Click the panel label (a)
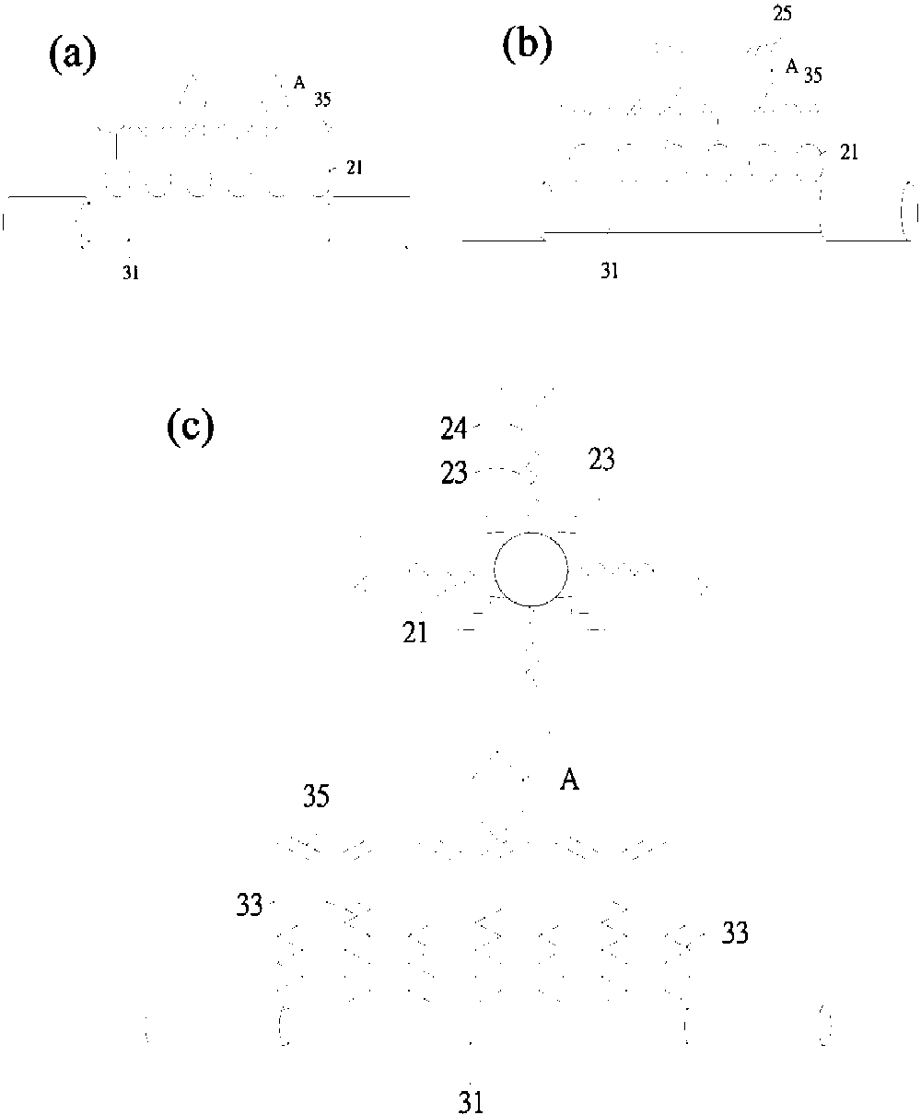pos(73,56)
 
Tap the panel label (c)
pos(191,428)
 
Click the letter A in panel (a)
pos(299,83)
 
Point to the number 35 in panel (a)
pos(322,100)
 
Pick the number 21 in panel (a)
pos(355,169)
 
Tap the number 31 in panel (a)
pos(131,273)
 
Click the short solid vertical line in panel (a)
pos(116,147)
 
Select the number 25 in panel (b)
pos(782,13)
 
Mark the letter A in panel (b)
pos(791,66)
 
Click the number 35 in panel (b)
pos(812,76)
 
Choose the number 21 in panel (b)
pos(849,153)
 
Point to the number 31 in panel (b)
pos(609,272)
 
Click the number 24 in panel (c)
pos(454,428)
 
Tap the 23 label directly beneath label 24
pos(454,473)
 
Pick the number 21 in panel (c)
pos(415,633)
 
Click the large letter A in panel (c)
pos(569,780)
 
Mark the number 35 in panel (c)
pos(316,795)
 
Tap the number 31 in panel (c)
pos(471,1103)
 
